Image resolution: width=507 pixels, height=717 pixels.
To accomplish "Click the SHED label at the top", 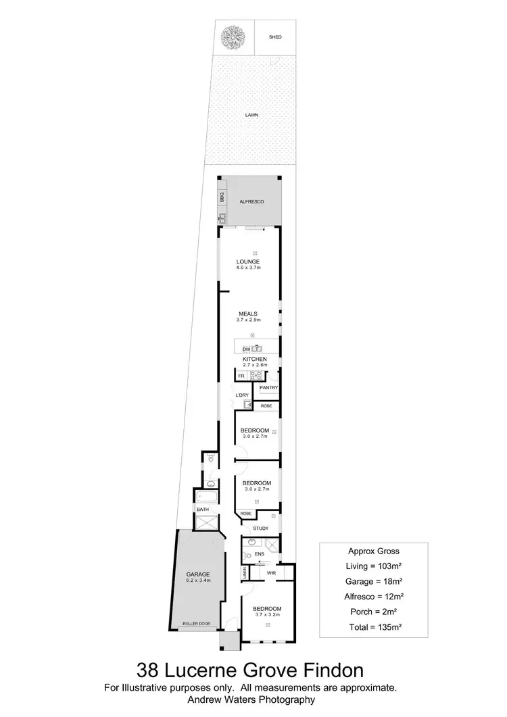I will click(274, 38).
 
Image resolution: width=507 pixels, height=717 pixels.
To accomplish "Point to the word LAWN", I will click(252, 115).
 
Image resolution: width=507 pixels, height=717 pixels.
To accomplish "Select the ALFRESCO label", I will click(251, 202).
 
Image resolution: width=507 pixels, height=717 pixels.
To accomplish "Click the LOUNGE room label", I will click(248, 262).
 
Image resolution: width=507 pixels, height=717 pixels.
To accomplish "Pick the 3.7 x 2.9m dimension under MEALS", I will click(247, 320).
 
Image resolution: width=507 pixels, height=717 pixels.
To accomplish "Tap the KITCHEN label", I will click(255, 359).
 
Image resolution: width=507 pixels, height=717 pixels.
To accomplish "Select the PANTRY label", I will click(268, 388).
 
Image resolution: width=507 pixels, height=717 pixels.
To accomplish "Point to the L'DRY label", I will click(243, 395).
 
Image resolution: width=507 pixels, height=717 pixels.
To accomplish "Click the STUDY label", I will click(261, 528).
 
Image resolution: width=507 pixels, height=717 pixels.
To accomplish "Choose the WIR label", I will click(272, 573).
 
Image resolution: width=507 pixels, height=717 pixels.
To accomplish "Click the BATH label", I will click(202, 510).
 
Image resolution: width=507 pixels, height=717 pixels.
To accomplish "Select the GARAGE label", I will click(199, 574).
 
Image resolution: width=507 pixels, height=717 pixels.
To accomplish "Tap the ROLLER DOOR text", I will click(196, 624).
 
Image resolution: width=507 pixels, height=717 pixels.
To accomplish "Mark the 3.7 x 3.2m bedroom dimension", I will click(268, 614).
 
